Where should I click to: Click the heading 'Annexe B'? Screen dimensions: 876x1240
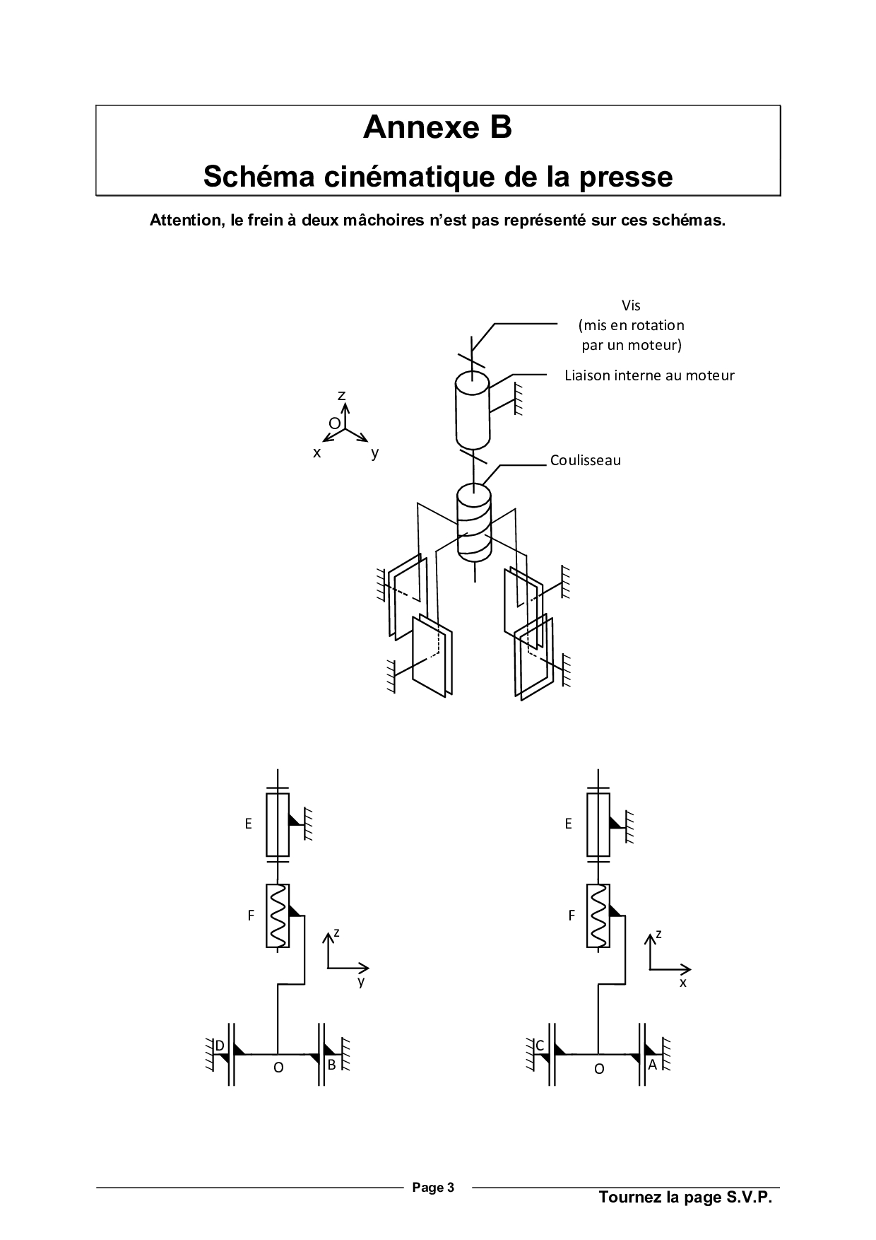coord(437,127)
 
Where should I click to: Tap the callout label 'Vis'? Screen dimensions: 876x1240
coord(631,305)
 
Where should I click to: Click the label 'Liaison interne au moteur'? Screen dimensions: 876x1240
coord(649,375)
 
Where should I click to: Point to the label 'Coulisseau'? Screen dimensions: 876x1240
coord(586,460)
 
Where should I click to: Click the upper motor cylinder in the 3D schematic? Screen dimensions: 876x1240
coord(472,410)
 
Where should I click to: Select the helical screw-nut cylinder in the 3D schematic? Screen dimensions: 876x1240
coord(474,522)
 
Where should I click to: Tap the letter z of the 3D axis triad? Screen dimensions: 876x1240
coord(341,395)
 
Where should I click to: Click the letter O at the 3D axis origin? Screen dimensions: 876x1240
coord(334,423)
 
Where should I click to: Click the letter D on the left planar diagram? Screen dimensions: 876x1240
coord(220,1046)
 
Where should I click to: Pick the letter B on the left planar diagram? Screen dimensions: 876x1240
coord(331,1065)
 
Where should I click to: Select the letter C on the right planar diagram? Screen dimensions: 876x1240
coord(540,1046)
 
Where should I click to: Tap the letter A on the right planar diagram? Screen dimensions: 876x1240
coord(652,1064)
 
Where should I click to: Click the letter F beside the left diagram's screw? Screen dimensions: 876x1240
coord(251,916)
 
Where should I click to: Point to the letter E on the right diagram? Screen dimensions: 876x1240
coord(568,824)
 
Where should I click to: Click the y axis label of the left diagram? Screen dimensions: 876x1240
coord(361,982)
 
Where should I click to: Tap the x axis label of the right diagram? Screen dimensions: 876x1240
coord(683,982)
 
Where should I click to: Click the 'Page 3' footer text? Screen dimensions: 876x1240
coord(433,1187)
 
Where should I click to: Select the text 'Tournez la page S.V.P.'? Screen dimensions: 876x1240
coord(685,1197)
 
